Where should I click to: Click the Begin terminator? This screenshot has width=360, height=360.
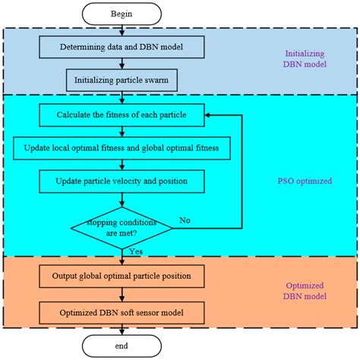pos(122,14)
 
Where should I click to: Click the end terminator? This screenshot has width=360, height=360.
pos(122,346)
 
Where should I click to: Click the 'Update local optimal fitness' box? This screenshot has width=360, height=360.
pos(122,148)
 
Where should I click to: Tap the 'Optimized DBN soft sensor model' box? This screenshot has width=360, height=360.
pos(122,312)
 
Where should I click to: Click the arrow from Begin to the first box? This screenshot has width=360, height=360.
pos(122,30)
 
